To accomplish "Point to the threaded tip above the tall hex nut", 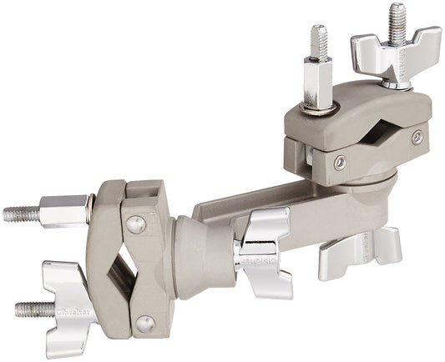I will [318, 39].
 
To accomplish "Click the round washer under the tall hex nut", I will [321, 106].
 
